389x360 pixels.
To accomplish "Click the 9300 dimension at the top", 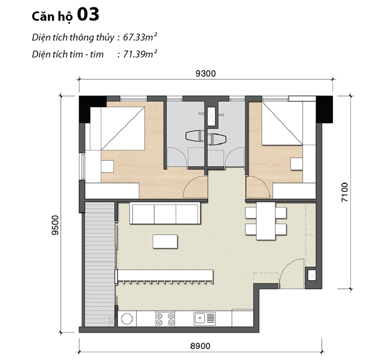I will [x=205, y=73].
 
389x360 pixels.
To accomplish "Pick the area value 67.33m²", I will [x=140, y=37].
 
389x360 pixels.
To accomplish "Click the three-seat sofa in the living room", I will [x=165, y=214].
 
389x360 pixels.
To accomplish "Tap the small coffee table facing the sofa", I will [x=165, y=241].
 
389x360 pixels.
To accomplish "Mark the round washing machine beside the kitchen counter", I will [x=127, y=318].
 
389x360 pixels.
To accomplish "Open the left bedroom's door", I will [x=196, y=187].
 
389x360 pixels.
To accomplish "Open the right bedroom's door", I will [x=255, y=187].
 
